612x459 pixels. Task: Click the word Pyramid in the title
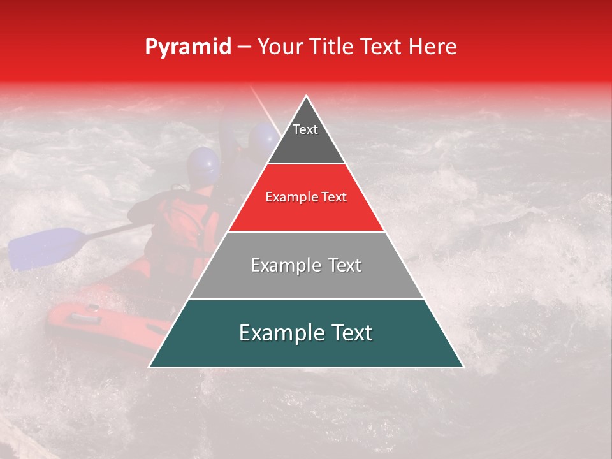pyautogui.click(x=187, y=47)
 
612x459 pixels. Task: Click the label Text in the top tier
pyautogui.click(x=305, y=129)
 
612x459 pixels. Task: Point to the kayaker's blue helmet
pyautogui.click(x=203, y=164)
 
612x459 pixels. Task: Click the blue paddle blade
pyautogui.click(x=45, y=247)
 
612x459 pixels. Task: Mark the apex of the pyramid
pyautogui.click(x=307, y=97)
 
